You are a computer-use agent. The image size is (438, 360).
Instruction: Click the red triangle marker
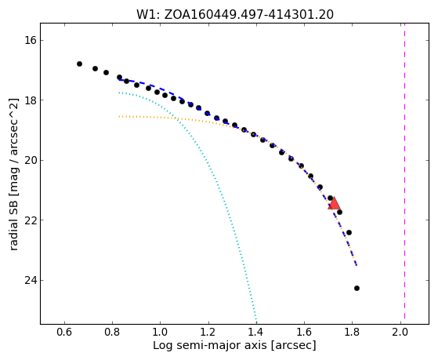pyautogui.click(x=334, y=204)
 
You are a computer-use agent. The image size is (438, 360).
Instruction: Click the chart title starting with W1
pyautogui.click(x=235, y=14)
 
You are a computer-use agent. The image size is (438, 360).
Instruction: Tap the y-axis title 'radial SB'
pyautogui.click(x=13, y=174)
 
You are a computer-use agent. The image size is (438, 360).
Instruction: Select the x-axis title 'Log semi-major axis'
pyautogui.click(x=234, y=345)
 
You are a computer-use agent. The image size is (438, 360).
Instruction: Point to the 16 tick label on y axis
pyautogui.click(x=31, y=40)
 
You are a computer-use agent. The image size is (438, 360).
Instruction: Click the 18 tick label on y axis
pyautogui.click(x=31, y=100)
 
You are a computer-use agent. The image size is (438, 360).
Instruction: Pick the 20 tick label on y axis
pyautogui.click(x=31, y=160)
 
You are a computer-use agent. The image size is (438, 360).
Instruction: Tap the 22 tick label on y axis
pyautogui.click(x=31, y=220)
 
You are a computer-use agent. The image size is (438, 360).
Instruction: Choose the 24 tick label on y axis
pyautogui.click(x=31, y=280)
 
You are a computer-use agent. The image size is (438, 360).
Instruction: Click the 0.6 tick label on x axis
pyautogui.click(x=64, y=332)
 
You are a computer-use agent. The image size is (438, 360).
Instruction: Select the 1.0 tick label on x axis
pyautogui.click(x=161, y=332)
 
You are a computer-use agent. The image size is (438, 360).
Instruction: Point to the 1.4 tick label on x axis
pyautogui.click(x=256, y=332)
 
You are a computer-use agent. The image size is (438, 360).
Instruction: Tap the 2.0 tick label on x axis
pyautogui.click(x=400, y=332)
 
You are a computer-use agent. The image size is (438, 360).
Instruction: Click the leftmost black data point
pyautogui.click(x=79, y=64)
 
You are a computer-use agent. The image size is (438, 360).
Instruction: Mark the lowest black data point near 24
pyautogui.click(x=357, y=288)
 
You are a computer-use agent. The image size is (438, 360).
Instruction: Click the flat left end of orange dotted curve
pyautogui.click(x=120, y=116)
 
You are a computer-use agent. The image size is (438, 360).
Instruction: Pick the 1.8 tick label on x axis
pyautogui.click(x=353, y=332)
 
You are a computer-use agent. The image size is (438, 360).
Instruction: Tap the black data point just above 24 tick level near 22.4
pyautogui.click(x=349, y=232)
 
